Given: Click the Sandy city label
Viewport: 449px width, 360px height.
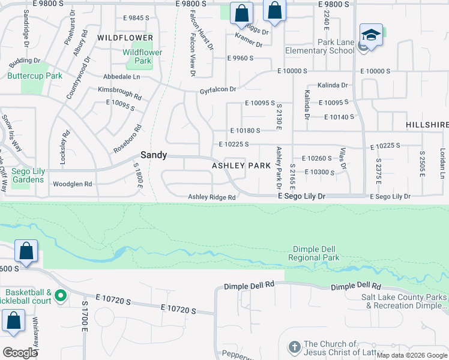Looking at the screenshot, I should coord(154,154).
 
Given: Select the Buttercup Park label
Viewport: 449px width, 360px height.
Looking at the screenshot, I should coord(35,76).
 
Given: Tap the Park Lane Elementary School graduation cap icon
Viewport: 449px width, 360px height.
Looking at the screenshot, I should coord(371,34).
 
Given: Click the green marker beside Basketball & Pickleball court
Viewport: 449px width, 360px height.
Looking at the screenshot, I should coord(60,295).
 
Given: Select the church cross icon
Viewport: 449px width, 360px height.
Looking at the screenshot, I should coord(294,347).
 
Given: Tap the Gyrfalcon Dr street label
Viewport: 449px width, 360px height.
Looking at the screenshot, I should coord(218,89).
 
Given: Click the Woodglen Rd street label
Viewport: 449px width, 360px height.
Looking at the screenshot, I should coord(72,184).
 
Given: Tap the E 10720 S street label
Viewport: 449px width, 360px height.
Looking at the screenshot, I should coord(178,309).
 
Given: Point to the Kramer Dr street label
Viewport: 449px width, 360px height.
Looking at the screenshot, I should coord(249,41).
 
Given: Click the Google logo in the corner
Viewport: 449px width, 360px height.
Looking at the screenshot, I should coord(20,353).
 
